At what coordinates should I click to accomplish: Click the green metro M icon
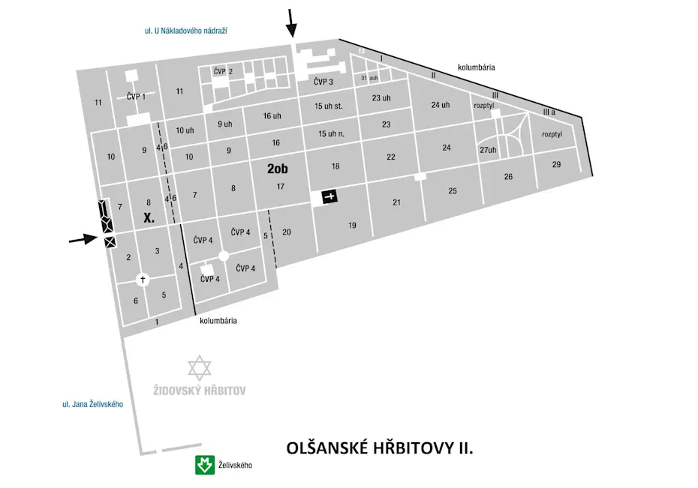[x=202, y=466]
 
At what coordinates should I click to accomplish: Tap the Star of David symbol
[x=200, y=368]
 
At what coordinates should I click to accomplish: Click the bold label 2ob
[x=278, y=169]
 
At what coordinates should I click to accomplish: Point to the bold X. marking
[x=149, y=219]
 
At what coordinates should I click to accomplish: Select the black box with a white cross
[x=329, y=196]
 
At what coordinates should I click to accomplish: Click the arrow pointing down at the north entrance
[x=291, y=22]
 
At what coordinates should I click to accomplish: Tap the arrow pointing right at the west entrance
[x=83, y=239]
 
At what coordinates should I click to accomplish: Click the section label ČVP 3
[x=323, y=82]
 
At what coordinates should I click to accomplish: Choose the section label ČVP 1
[x=136, y=96]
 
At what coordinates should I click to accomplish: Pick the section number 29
[x=556, y=164]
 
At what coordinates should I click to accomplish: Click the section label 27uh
[x=488, y=151]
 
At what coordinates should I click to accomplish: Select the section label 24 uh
[x=441, y=105]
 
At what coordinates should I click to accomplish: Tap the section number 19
[x=352, y=226]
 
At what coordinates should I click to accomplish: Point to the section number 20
[x=287, y=232]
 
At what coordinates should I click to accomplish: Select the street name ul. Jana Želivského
[x=92, y=404]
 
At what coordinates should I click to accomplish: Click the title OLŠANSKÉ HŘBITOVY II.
[x=380, y=448]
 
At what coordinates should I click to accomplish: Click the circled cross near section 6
[x=143, y=279]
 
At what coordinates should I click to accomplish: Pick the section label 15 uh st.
[x=329, y=106]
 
